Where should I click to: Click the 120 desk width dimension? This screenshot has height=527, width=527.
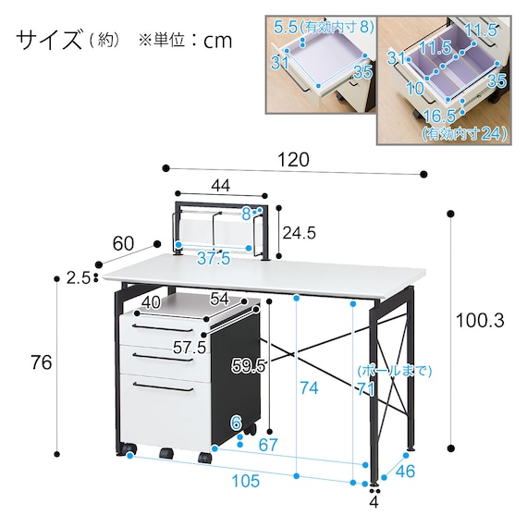293,160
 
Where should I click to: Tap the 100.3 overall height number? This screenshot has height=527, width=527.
480,321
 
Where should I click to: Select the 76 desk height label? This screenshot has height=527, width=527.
41,363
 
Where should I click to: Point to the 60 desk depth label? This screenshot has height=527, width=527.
123,244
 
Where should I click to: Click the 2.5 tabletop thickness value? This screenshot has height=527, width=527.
79,278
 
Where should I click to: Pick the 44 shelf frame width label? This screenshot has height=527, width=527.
221,185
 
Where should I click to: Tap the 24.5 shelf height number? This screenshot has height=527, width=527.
300,233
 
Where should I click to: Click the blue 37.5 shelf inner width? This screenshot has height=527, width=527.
214,258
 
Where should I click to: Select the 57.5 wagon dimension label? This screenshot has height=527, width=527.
190,348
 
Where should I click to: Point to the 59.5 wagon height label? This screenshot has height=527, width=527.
249,366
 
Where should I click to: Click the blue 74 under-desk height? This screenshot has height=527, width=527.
309,388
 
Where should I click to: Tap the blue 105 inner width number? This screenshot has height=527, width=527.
246,481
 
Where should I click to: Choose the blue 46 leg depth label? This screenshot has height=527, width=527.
405,472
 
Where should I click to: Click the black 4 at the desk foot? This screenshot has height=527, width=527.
374,502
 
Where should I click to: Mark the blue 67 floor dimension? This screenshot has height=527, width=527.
268,445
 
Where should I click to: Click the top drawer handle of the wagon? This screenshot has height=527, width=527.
163,328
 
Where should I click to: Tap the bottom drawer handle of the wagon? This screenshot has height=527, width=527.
163,386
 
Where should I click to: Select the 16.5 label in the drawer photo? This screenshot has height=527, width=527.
439,116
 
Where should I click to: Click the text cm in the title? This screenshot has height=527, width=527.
217,42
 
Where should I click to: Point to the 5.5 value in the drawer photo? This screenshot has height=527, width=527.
286,27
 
